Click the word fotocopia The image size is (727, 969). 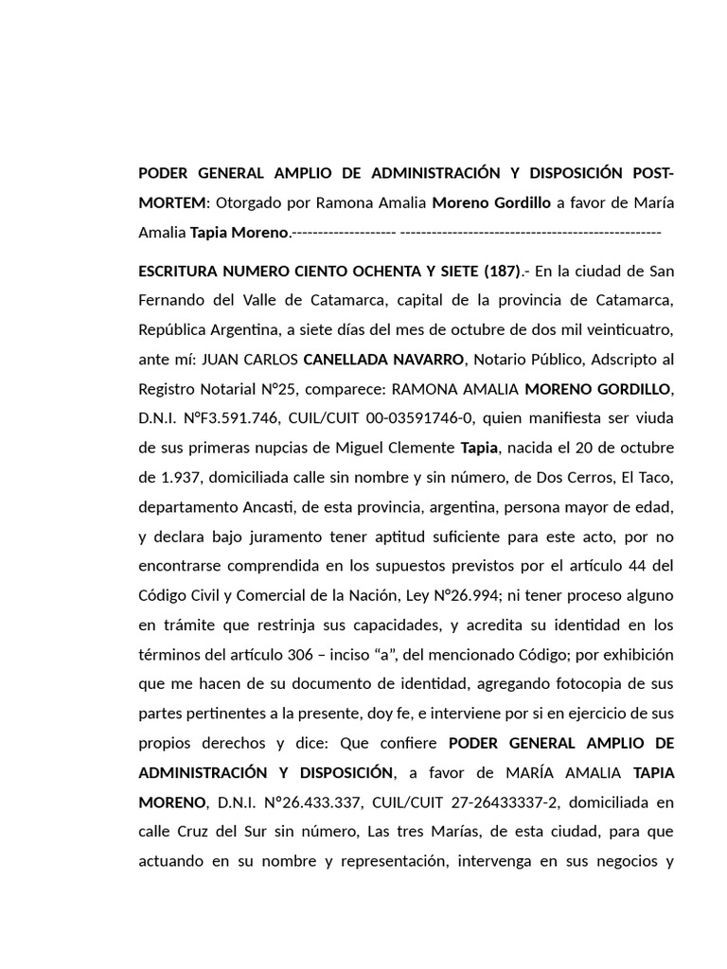pyautogui.click(x=571, y=683)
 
